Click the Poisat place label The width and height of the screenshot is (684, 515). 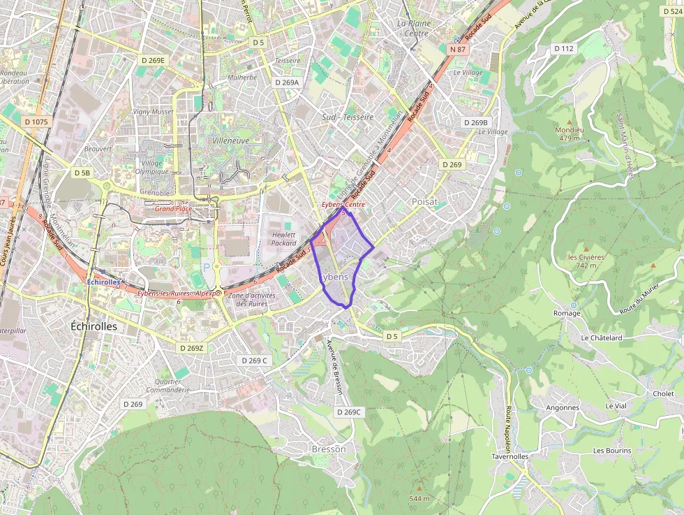[425, 201]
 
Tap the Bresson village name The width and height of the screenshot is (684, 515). [328, 449]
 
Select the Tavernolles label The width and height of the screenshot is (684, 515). [510, 456]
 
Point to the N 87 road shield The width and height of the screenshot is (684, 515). [457, 50]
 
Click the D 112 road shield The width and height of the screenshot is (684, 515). [563, 48]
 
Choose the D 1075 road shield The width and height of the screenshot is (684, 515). [36, 122]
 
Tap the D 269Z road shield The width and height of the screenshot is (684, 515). [191, 348]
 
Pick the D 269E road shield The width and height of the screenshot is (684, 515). [152, 60]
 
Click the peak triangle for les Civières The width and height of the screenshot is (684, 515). [586, 249]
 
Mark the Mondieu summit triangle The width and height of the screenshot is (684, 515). [569, 121]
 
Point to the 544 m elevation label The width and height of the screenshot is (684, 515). [419, 498]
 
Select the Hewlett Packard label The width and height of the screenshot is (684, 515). [284, 239]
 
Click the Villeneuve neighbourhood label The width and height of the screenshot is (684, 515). [230, 140]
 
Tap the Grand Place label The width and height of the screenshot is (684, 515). [173, 208]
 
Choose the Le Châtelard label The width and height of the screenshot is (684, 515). [601, 338]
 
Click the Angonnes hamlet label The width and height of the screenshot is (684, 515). [563, 407]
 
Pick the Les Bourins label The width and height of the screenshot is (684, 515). [612, 451]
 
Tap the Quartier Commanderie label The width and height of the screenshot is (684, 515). [168, 386]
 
